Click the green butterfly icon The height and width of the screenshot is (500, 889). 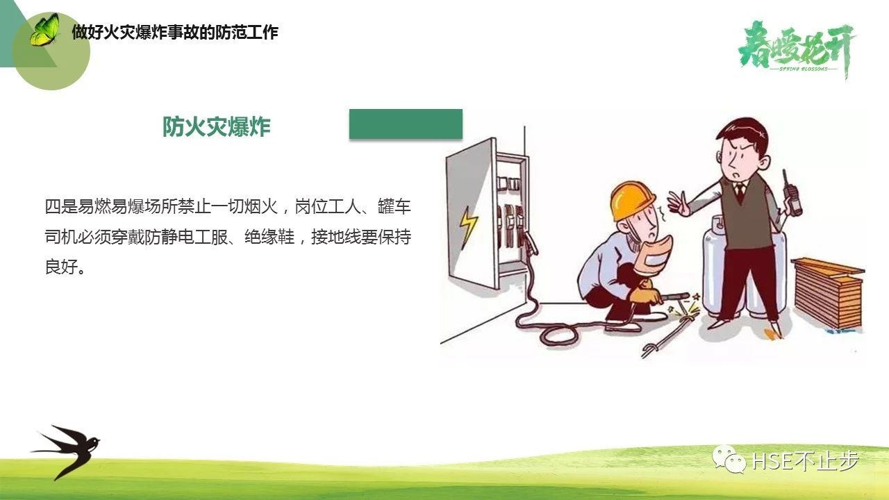44,30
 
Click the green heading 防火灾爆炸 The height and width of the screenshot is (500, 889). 217,127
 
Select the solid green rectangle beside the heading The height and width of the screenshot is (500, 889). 406,124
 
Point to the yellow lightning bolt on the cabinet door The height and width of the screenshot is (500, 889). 468,227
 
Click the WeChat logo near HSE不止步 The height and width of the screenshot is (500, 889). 729,459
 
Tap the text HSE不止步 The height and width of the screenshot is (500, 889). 805,460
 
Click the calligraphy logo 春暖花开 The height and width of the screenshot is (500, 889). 796,49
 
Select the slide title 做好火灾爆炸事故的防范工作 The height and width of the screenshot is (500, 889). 175,32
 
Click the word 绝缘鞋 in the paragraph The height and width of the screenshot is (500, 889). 269,237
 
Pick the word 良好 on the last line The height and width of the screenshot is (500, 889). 62,267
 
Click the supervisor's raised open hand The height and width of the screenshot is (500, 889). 679,204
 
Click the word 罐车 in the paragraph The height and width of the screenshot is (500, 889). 394,207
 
